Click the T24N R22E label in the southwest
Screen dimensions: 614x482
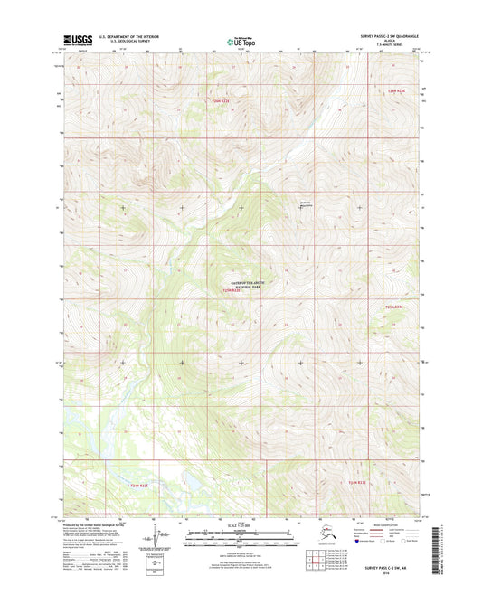(133, 486)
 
